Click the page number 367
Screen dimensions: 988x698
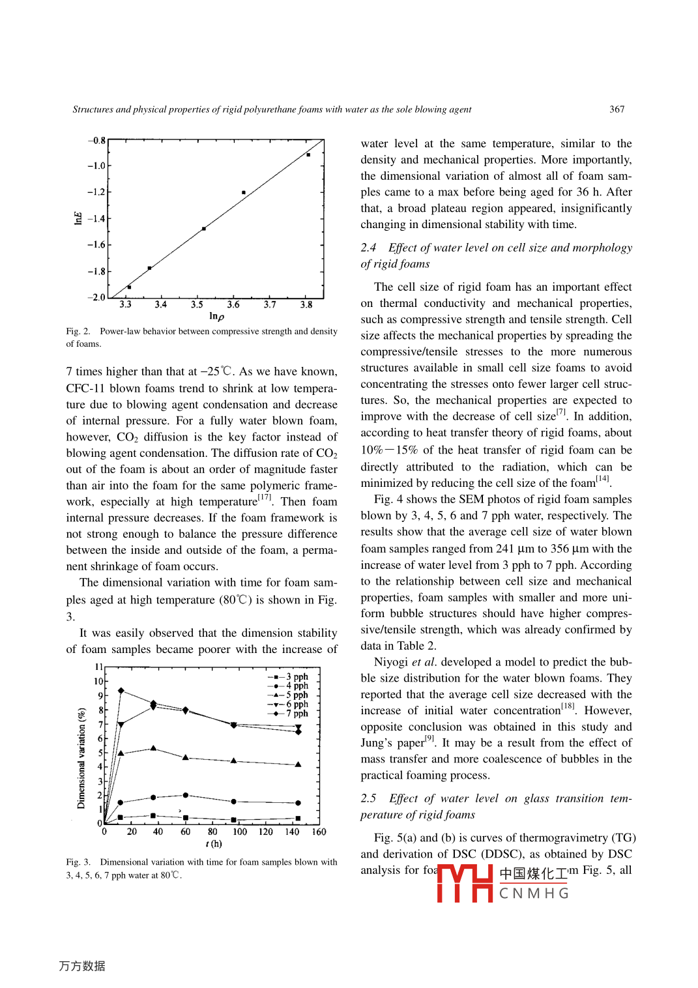(x=617, y=109)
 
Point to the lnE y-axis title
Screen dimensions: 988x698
(x=78, y=218)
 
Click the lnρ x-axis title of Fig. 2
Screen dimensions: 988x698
(x=216, y=316)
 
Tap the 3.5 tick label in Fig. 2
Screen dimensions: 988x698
(x=197, y=304)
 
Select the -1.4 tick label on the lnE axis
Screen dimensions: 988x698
(x=96, y=218)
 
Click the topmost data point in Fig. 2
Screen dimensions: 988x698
(x=308, y=154)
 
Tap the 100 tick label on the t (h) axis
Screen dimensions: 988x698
(x=240, y=832)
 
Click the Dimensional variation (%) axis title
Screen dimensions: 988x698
(x=81, y=758)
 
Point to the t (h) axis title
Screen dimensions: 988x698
(x=214, y=844)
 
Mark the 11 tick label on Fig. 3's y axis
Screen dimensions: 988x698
(x=99, y=667)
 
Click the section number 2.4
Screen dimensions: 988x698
(x=368, y=248)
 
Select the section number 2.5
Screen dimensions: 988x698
(x=368, y=798)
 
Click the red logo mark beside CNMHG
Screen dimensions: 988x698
(x=465, y=883)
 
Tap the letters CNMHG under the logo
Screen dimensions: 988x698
(x=534, y=894)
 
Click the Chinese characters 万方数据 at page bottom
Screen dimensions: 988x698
(x=82, y=966)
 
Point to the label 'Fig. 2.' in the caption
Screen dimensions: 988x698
(x=78, y=332)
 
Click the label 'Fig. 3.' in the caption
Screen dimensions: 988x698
(x=78, y=862)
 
